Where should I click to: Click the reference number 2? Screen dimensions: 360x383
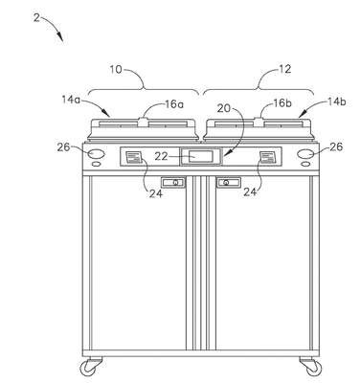[37, 18]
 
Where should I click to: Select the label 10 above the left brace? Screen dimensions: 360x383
[116, 70]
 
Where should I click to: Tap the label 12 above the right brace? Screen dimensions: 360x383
[285, 69]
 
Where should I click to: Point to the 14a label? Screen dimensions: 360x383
[71, 100]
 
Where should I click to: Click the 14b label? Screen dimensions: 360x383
[337, 101]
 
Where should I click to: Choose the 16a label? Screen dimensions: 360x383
[174, 104]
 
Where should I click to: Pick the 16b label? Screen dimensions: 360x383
[282, 103]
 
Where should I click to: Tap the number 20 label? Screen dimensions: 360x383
[223, 108]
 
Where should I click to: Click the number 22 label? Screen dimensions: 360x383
[161, 156]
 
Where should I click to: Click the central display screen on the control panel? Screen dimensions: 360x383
[200, 156]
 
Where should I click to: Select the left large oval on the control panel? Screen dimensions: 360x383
[96, 154]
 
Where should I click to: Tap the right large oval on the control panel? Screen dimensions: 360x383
[305, 154]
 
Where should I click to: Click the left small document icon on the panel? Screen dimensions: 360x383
[134, 157]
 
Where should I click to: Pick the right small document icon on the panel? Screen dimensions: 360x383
[267, 157]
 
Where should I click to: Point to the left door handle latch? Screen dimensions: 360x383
[173, 183]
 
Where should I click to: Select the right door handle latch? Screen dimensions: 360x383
[229, 183]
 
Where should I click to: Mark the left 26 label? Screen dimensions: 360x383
[63, 147]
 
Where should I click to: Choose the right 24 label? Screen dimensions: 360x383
[251, 191]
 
